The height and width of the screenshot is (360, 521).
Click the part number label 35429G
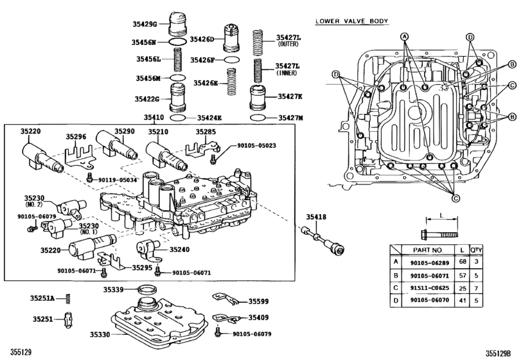click(145, 24)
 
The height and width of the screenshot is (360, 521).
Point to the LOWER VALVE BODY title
click(351, 22)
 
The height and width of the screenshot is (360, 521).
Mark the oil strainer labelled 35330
click(154, 321)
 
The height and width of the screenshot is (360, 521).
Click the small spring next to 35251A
click(70, 298)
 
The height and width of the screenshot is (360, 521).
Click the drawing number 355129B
click(501, 352)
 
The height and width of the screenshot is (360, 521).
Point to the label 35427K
click(290, 97)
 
